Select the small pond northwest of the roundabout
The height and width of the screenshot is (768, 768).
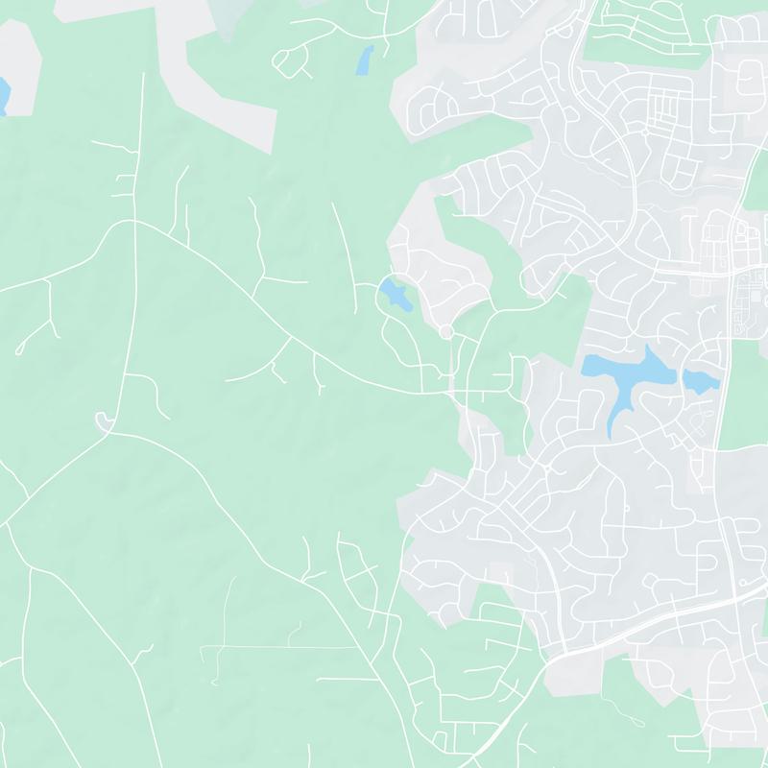(x=395, y=294)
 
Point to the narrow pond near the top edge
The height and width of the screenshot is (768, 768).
(x=365, y=60)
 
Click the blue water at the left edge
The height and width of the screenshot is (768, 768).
(x=3, y=95)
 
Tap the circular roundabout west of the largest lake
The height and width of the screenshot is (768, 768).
(x=445, y=332)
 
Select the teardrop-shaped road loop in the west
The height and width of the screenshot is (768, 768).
(x=104, y=420)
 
